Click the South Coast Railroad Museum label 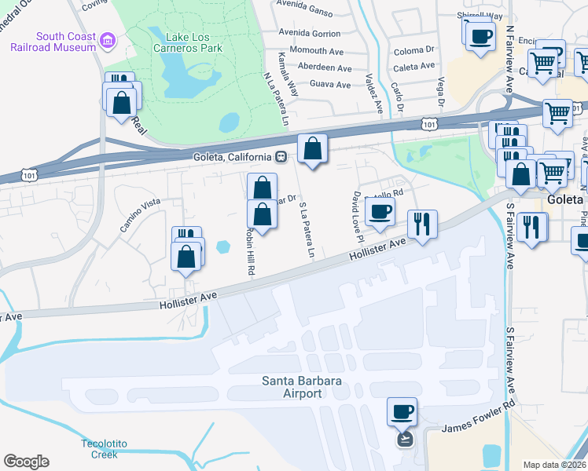(53, 41)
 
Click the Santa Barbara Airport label (292, 387)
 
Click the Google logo (26, 462)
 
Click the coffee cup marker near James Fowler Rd (402, 412)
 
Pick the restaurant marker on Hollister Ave (422, 225)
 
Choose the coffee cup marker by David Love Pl (380, 212)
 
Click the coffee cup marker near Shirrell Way (480, 35)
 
